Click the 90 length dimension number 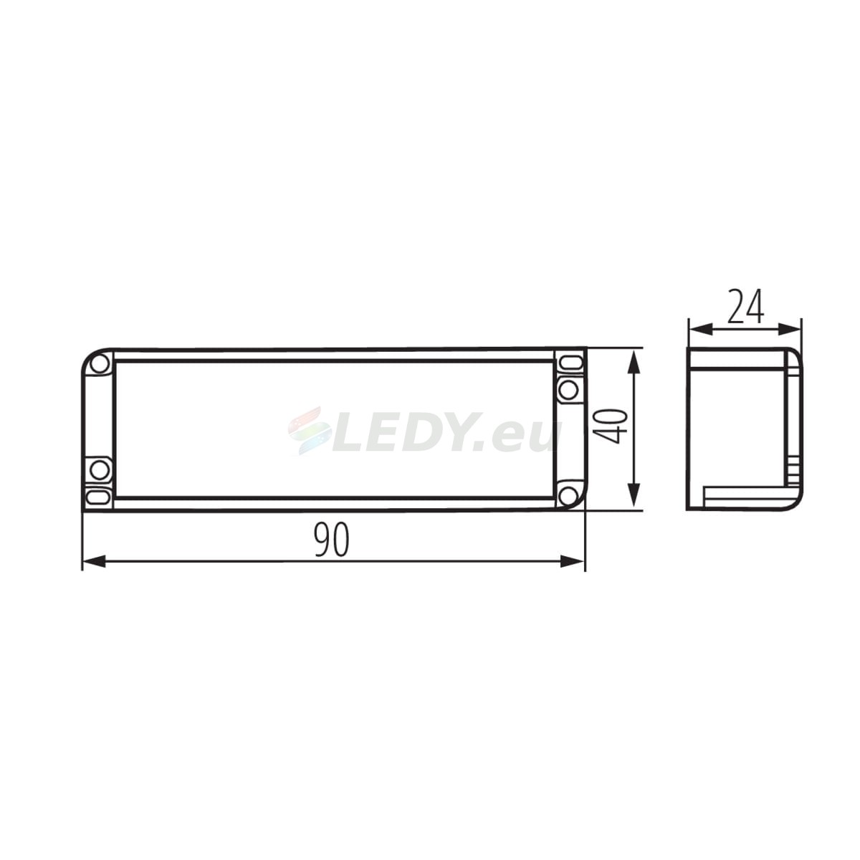point(331,540)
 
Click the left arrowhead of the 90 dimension point(94,562)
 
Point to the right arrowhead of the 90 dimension point(573,562)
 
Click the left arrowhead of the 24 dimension point(699,330)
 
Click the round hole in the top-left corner point(99,365)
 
